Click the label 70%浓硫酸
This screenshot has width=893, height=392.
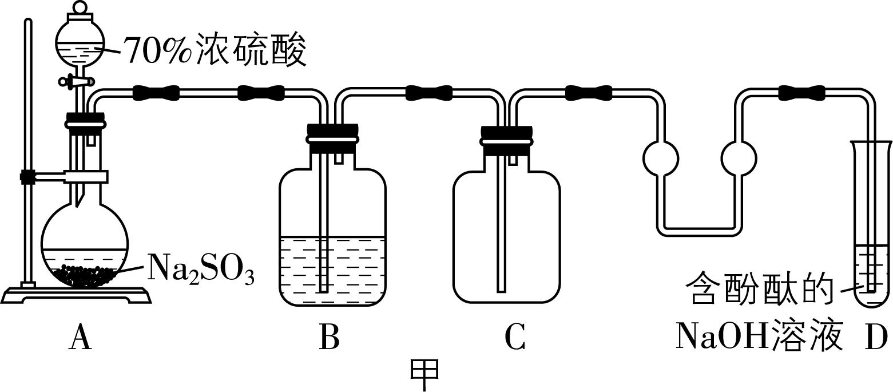215,51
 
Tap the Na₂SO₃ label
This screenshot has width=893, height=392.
200,268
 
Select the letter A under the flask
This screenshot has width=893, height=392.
80,338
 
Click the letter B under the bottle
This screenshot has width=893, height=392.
329,338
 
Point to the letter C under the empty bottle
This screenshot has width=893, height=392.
515,338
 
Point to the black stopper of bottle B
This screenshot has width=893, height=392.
333,139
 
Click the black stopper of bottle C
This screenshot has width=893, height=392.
507,141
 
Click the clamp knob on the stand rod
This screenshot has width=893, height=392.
26,177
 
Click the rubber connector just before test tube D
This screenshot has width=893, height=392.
801,92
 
